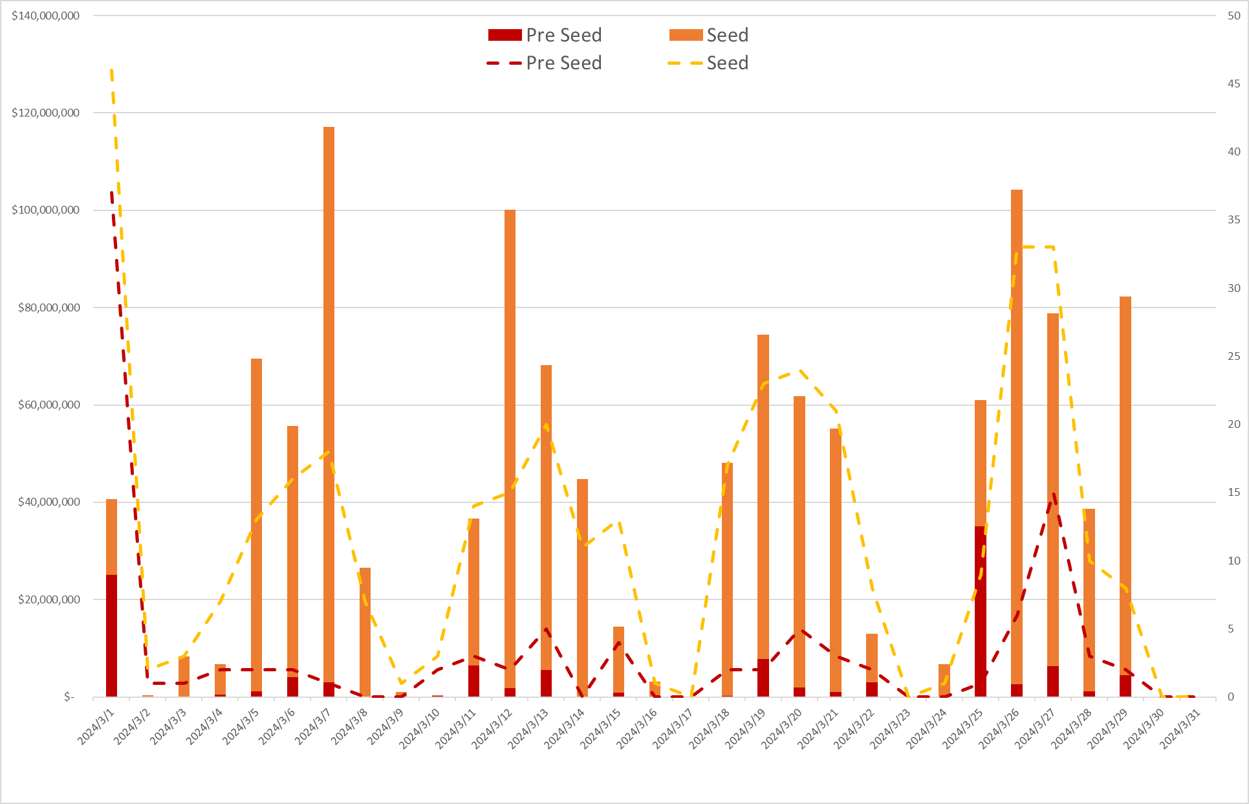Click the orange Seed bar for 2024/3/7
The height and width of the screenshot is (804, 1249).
coord(329,401)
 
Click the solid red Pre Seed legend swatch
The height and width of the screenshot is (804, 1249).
coord(505,35)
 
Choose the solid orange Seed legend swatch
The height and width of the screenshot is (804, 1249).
coord(686,35)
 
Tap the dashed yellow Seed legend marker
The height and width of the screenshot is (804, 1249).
coord(686,63)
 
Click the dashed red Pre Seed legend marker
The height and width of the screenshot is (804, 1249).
coord(505,63)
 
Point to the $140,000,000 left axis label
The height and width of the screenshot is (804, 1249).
coord(45,16)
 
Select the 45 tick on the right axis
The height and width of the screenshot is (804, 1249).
coord(1234,84)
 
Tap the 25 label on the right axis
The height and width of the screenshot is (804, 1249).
coord(1234,356)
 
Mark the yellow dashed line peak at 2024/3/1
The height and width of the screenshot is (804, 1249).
coord(112,70)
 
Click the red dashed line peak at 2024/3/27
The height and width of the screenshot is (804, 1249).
coord(1054,495)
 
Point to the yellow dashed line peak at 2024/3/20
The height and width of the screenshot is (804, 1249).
coord(800,371)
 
